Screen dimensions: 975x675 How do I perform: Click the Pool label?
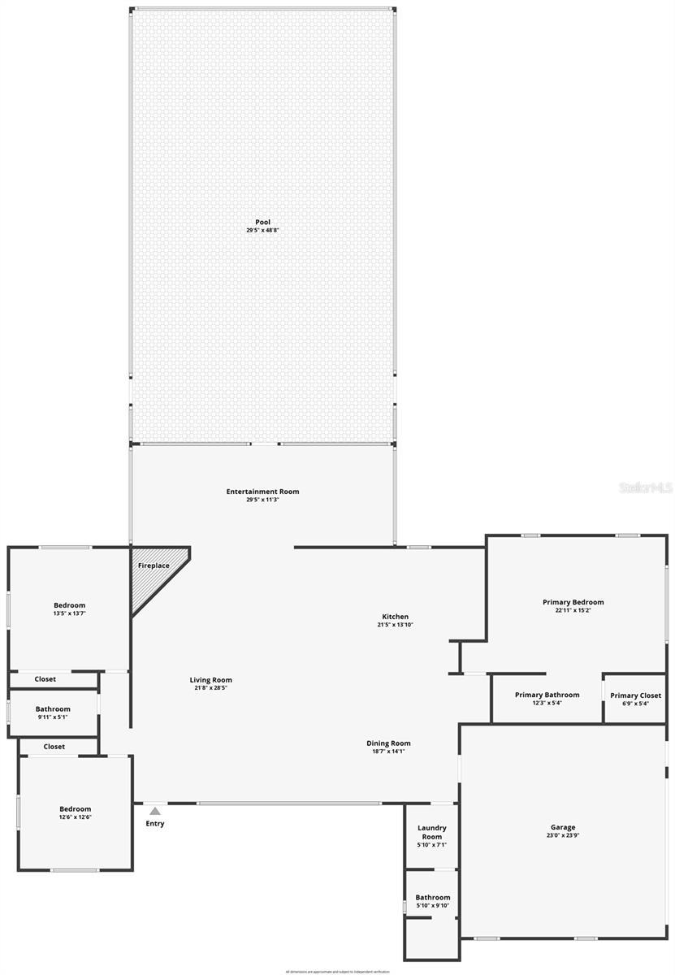click(x=262, y=222)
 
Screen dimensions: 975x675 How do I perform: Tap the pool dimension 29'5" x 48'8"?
click(x=262, y=230)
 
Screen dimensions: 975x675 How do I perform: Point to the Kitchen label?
click(x=396, y=617)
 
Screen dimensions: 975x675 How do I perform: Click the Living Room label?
click(x=211, y=680)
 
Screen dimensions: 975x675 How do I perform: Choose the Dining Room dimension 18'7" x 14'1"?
click(x=388, y=752)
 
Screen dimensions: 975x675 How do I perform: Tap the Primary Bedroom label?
click(x=573, y=602)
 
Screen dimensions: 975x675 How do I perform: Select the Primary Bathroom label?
click(x=547, y=695)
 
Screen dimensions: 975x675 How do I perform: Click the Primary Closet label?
click(x=636, y=695)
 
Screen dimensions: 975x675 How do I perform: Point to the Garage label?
click(x=562, y=827)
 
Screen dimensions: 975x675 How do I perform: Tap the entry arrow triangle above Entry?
click(x=155, y=811)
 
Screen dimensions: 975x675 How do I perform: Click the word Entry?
click(x=155, y=824)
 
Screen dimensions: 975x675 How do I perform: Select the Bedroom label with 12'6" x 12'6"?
click(x=76, y=808)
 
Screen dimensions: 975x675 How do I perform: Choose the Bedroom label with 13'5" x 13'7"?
click(x=70, y=605)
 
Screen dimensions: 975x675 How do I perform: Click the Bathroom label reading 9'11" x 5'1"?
click(x=53, y=708)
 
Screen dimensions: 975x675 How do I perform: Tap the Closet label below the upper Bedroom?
click(x=45, y=679)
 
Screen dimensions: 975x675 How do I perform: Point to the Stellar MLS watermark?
click(x=646, y=487)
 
